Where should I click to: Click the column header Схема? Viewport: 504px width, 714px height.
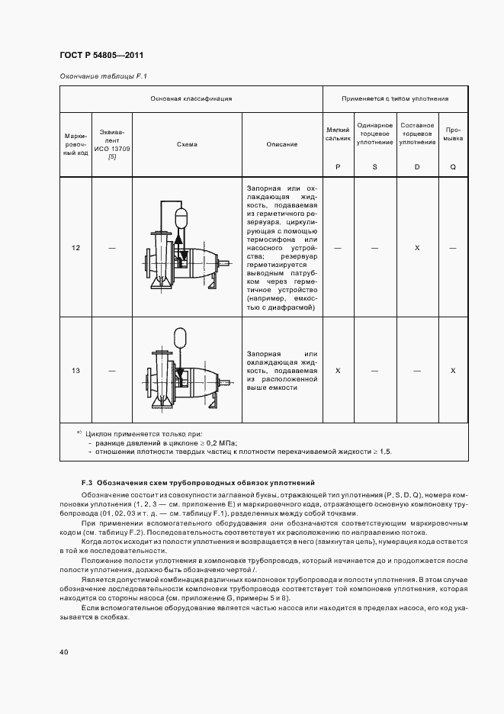187,144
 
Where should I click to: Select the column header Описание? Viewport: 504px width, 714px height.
282,144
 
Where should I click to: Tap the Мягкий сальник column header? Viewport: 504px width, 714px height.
337,134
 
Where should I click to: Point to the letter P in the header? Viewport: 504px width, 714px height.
337,166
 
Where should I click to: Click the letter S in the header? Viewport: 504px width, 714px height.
374,166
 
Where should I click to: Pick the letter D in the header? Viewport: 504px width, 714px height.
416,166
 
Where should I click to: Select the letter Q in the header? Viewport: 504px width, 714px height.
453,166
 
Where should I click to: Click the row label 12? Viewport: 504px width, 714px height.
76,248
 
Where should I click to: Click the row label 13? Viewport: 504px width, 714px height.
76,370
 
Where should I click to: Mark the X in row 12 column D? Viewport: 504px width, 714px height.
416,248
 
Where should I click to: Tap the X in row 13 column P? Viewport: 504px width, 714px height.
337,370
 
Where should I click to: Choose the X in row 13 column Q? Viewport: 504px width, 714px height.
453,370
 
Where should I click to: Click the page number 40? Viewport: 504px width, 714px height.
64,651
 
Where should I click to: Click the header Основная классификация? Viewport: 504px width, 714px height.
191,98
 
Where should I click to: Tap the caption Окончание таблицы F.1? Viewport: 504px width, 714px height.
102,76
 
